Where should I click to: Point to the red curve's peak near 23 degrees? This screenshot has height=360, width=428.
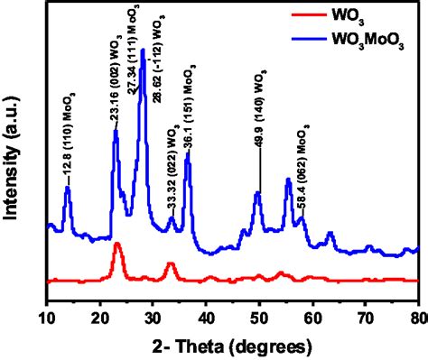click(x=116, y=245)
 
